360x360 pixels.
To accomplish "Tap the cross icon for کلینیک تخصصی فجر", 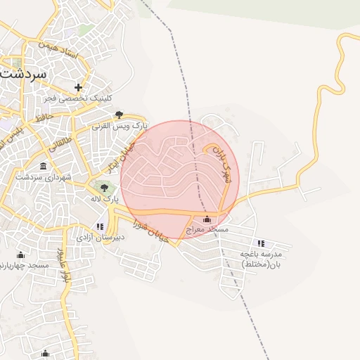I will tap(79, 88).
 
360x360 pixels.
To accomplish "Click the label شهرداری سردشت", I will tap(44, 177).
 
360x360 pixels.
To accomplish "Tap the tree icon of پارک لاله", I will tap(105, 188).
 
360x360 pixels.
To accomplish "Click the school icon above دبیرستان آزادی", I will tap(100, 226).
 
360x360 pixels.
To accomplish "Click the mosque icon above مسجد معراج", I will tap(206, 219).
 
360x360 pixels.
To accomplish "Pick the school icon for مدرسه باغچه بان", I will tap(262, 243).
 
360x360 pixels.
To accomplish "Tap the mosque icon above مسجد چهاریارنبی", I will tap(20, 255).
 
